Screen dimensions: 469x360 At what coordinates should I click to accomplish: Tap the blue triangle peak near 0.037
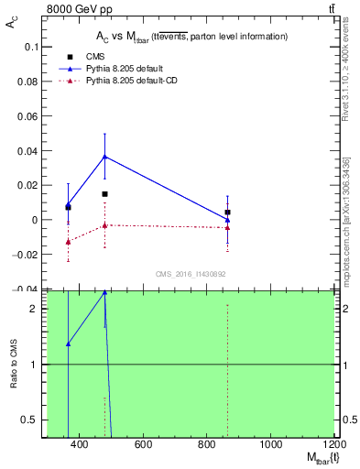(x=105, y=157)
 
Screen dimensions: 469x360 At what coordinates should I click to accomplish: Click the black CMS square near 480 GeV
(x=105, y=194)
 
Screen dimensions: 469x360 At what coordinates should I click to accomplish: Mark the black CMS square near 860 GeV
(x=227, y=213)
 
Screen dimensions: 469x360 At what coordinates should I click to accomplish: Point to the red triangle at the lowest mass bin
(x=68, y=242)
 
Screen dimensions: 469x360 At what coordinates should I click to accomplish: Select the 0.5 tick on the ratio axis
(x=26, y=420)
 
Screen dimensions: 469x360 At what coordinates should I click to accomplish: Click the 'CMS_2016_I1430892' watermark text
(x=191, y=274)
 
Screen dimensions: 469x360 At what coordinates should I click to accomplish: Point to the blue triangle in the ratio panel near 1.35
(x=68, y=344)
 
